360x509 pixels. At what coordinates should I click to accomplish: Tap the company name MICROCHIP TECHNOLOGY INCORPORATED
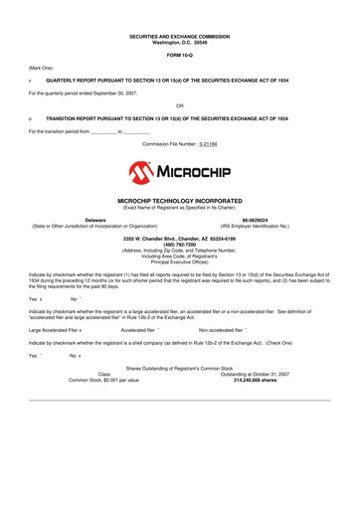[179, 200]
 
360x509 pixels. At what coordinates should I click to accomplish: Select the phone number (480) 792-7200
[179, 244]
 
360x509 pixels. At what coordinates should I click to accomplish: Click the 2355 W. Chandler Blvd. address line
[179, 238]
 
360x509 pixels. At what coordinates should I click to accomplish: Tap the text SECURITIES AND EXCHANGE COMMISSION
[179, 36]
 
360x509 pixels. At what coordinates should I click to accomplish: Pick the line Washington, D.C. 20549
[179, 42]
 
